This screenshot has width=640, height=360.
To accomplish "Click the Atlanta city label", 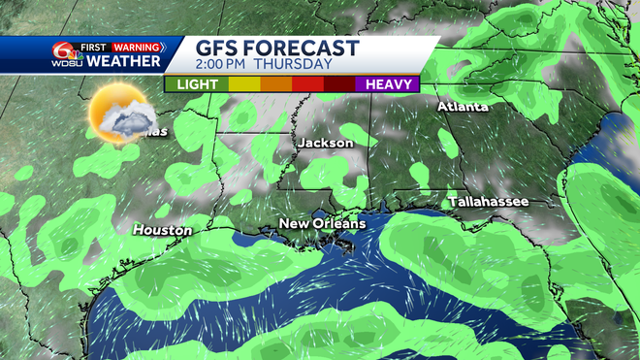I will [462, 106].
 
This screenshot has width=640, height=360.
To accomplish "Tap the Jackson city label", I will [325, 143].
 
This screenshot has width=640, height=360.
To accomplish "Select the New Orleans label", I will [322, 224].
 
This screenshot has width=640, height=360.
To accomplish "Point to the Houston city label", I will [162, 230].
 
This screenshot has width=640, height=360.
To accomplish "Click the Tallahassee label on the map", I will [488, 201].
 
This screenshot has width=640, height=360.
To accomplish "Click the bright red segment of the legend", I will [307, 84].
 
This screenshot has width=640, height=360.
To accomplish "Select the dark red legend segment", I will [339, 84].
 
